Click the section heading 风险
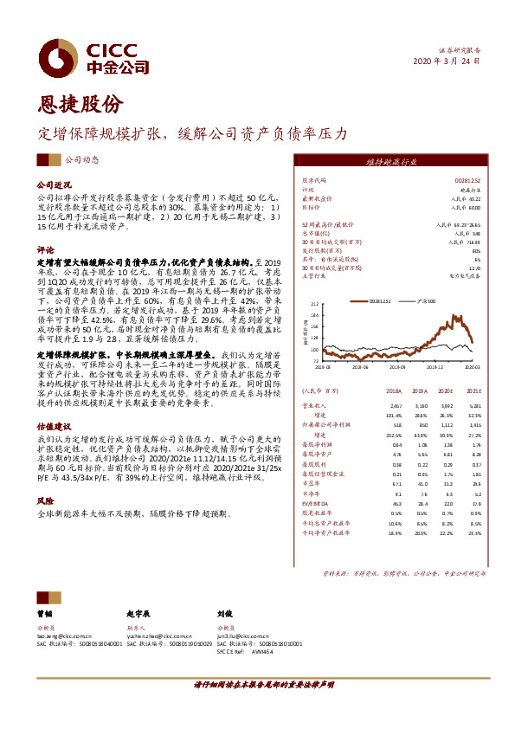pos(45,500)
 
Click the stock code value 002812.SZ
pos(467,179)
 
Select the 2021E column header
pos(473,390)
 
